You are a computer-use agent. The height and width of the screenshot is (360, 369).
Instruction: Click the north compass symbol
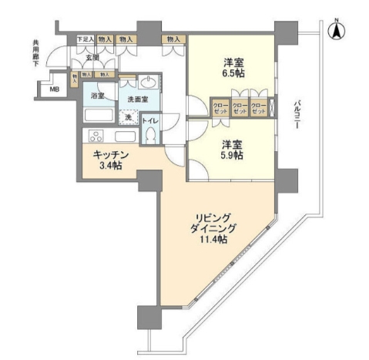337,32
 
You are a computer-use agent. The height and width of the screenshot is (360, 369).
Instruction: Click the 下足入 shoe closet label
85,39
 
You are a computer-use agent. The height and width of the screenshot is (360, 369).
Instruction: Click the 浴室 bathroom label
98,96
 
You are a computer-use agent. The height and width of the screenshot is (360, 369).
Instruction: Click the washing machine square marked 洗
128,117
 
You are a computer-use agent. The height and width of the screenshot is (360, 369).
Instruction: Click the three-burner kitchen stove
96,136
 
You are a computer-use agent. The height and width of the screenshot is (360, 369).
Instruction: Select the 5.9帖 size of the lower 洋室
231,155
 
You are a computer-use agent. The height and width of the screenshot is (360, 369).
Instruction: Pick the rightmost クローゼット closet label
259,108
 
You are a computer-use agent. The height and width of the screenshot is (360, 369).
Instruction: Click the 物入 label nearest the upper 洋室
173,39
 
